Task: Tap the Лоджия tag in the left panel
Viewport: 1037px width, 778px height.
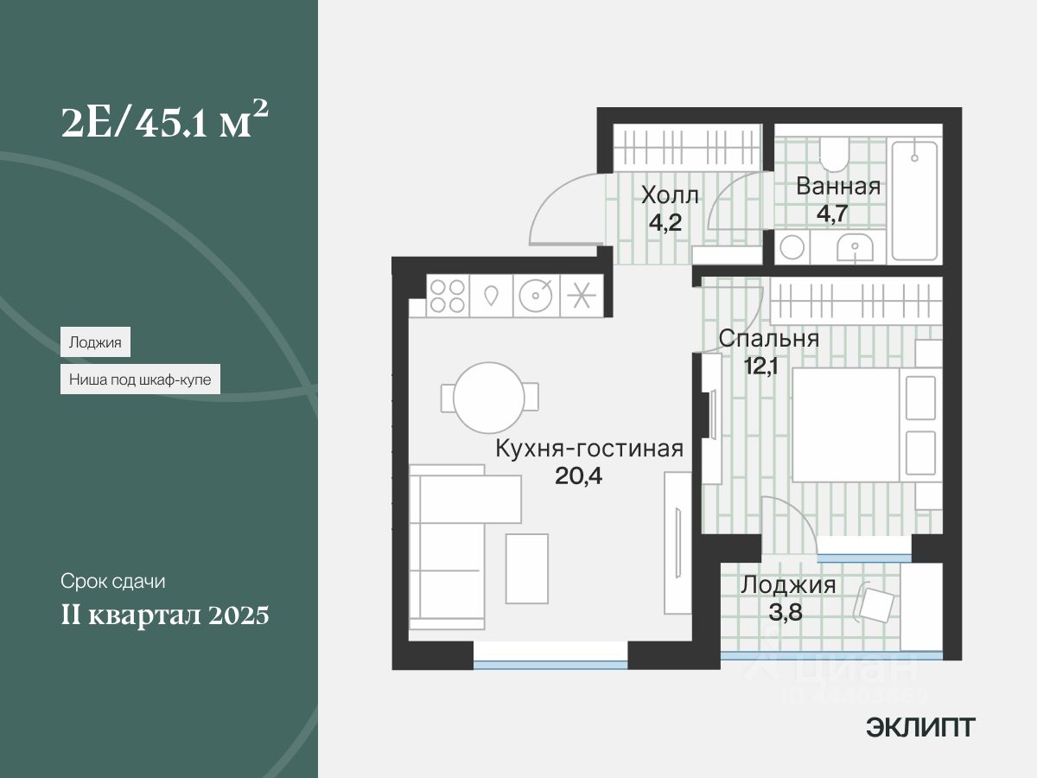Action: [x=95, y=342]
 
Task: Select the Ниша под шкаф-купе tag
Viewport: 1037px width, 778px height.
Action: [x=140, y=379]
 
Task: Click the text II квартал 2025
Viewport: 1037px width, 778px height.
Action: [x=164, y=615]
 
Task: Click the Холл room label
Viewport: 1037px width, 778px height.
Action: [x=669, y=195]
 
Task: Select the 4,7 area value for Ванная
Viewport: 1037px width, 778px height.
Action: [x=837, y=213]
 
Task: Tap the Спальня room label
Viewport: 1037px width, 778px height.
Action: [x=768, y=338]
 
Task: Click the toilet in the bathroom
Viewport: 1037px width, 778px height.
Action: [x=835, y=155]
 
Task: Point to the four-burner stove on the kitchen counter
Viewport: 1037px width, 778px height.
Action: [x=446, y=296]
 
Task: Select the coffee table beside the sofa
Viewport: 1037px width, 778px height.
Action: [x=526, y=567]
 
